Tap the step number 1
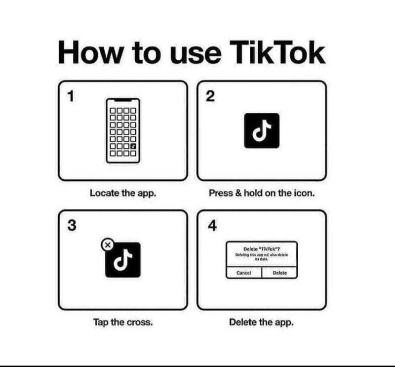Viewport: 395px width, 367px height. coord(71,97)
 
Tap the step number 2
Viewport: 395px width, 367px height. coord(210,97)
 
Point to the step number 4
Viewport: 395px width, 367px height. coord(211,226)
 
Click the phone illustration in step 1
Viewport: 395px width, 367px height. coord(123,130)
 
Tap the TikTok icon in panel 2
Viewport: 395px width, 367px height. coord(262,130)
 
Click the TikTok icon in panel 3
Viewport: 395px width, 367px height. coord(123,259)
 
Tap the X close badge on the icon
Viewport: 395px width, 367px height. coord(107,244)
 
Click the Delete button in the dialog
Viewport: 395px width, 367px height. coord(279,273)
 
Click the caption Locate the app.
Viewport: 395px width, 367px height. coord(123,193)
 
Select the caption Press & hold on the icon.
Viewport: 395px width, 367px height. coord(262,193)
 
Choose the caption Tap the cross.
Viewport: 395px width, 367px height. coord(123,322)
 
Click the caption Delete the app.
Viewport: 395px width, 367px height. coord(261,322)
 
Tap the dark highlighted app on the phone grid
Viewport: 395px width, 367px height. coord(133,147)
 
